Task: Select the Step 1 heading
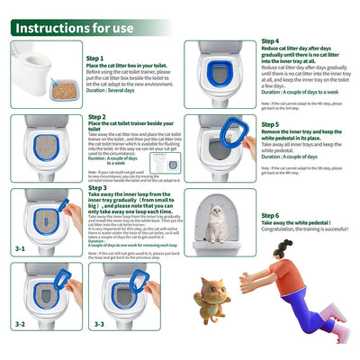tap(95, 58)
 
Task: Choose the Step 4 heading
tap(270, 41)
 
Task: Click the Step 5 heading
tap(270, 125)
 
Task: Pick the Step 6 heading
tap(270, 216)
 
